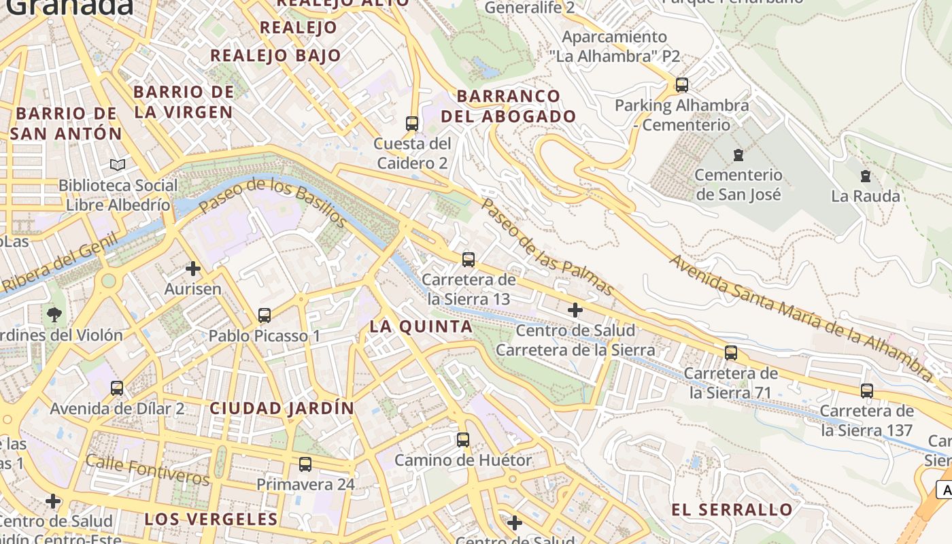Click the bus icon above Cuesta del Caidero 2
pos(411,123)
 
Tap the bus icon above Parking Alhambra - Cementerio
pos(681,85)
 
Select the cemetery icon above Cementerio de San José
pos(738,155)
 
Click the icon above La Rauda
pos(866,177)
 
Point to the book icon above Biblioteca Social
pos(118,165)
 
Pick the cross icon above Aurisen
pos(193,269)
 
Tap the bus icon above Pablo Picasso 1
pos(264,316)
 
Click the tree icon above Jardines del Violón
pos(54,315)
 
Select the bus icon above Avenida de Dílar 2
pos(117,388)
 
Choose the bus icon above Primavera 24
pos(305,464)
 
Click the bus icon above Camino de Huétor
pos(463,439)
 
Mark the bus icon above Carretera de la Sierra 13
pos(468,259)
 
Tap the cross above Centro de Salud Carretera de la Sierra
pos(575,310)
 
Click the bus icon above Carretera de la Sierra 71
pos(730,353)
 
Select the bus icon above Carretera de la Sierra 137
pos(866,391)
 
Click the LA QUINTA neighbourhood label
pos(421,326)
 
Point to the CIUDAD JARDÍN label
pos(282,409)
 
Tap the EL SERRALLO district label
pos(732,510)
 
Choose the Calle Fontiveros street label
pos(148,471)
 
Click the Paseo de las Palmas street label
pos(547,247)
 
